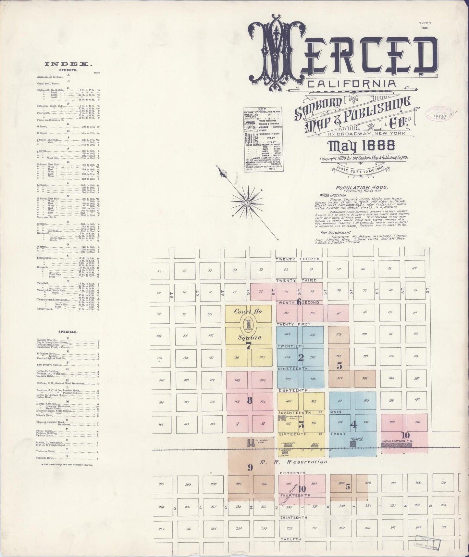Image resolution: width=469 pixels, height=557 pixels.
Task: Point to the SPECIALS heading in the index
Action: pyautogui.click(x=68, y=332)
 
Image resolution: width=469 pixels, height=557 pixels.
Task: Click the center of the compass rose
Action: pyautogui.click(x=248, y=202)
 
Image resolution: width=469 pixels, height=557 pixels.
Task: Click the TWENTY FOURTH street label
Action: pyautogui.click(x=297, y=259)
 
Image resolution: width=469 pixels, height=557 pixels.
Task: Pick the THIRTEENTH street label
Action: pyautogui.click(x=294, y=517)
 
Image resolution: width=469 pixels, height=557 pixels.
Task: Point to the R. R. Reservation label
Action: pyautogui.click(x=293, y=461)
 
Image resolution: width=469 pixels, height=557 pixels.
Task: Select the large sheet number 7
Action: pyautogui.click(x=249, y=346)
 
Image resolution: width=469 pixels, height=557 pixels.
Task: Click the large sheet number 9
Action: pyautogui.click(x=250, y=468)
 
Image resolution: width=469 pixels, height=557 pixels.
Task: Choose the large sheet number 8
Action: pyautogui.click(x=249, y=401)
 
